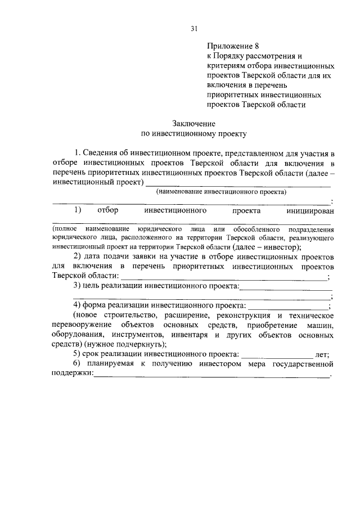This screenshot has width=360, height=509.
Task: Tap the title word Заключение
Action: point(193,123)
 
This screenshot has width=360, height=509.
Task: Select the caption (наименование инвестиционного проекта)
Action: point(221,192)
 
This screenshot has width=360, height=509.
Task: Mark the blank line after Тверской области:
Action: point(223,276)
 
